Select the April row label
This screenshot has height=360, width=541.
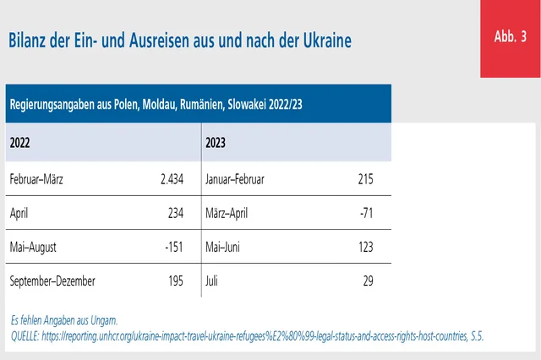(x=20, y=214)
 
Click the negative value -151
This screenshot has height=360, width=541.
(x=172, y=248)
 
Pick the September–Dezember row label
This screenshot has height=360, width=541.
(x=52, y=281)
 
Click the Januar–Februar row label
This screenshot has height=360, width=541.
(x=235, y=179)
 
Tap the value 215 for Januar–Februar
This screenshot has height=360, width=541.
(x=364, y=179)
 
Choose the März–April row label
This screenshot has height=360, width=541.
(x=228, y=214)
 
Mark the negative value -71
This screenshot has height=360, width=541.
(x=365, y=214)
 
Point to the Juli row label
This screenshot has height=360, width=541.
(x=212, y=281)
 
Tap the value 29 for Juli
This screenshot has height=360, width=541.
(x=368, y=281)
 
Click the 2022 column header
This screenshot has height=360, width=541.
(x=22, y=143)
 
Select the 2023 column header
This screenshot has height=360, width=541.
(x=217, y=143)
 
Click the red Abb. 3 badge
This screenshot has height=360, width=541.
(x=510, y=38)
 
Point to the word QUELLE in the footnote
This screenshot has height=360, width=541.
(x=30, y=335)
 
